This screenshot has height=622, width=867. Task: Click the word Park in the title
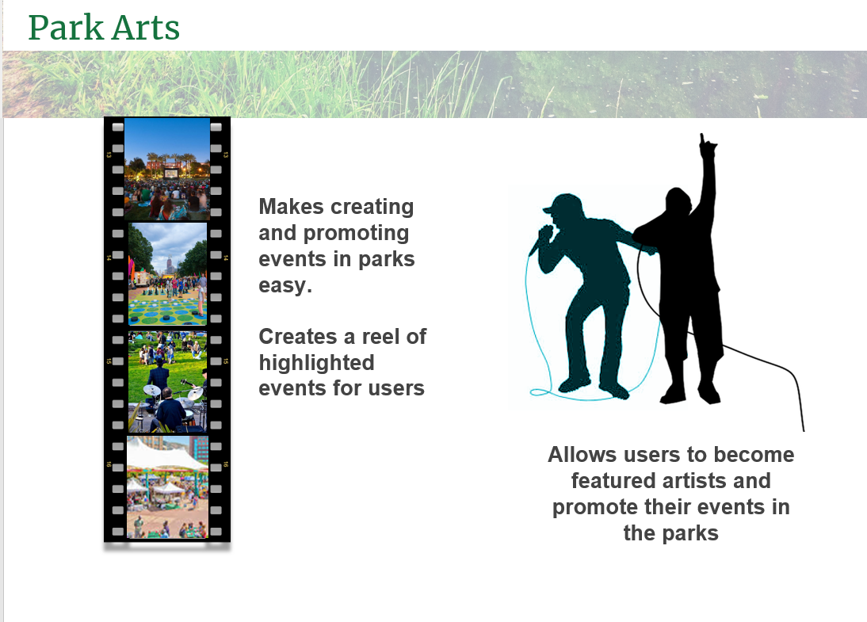click(x=66, y=28)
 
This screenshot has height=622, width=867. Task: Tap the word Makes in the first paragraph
click(x=292, y=207)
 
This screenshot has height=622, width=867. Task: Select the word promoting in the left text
click(x=357, y=233)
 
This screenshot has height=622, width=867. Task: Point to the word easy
click(x=285, y=286)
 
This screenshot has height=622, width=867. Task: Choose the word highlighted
click(x=317, y=363)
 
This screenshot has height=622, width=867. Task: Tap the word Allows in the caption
click(x=582, y=455)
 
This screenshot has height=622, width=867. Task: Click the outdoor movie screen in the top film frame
click(x=171, y=173)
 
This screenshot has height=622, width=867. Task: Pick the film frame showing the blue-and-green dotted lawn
click(x=167, y=273)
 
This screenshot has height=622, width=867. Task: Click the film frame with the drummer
click(x=167, y=382)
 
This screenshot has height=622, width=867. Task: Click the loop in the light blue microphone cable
click(x=540, y=392)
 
